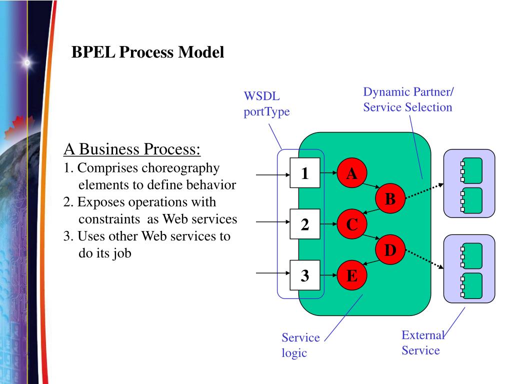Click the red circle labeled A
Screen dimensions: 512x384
351,173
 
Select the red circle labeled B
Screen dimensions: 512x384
390,198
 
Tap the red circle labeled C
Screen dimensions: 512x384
351,224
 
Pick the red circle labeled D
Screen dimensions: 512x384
390,250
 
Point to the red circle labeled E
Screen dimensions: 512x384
351,275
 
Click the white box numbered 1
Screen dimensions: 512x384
305,172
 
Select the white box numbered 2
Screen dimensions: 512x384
305,224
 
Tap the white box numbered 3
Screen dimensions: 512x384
305,275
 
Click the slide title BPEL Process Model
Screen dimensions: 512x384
147,52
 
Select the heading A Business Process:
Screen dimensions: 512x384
132,149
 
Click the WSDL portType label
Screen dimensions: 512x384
266,104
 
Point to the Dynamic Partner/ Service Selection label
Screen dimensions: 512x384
408,99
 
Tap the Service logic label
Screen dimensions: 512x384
300,345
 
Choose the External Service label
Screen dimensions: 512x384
423,342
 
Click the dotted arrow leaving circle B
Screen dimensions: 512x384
424,191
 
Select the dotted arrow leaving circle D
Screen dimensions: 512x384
424,259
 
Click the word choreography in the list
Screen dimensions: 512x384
180,168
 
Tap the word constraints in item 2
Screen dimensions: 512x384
109,219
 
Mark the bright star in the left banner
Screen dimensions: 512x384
27,62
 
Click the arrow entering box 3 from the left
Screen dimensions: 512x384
273,273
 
